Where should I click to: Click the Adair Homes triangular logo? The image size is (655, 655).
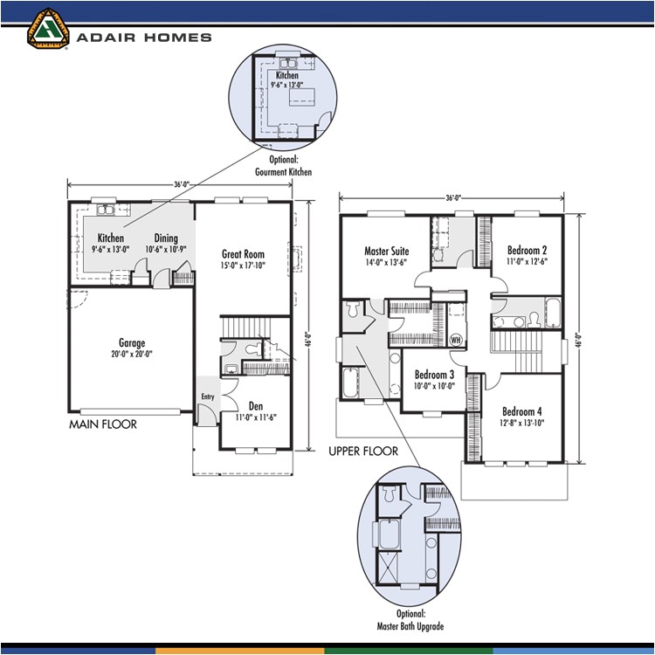pos(48,29)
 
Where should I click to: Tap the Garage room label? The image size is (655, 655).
pos(132,343)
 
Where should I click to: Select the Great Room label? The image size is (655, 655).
pos(243,254)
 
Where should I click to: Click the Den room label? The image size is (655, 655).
pos(256,406)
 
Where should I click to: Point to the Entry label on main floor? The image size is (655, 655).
pos(208,396)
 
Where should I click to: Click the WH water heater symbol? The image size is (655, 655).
pos(455,340)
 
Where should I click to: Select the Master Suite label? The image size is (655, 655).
pos(387,251)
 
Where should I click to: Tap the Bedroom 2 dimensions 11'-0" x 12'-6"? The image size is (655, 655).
pos(527,261)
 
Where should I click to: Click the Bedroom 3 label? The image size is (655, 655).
pos(434,375)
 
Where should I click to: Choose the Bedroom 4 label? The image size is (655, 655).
pos(522,411)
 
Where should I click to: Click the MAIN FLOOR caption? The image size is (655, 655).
pos(103,424)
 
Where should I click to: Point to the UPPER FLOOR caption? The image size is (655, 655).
pos(363,452)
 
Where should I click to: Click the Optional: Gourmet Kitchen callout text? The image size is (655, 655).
pos(283,166)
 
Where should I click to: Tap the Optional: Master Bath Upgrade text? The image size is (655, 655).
pos(410,620)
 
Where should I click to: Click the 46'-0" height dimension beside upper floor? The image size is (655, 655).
pos(578,340)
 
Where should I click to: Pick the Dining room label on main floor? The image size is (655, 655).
pos(166,238)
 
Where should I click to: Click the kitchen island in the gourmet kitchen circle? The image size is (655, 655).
pos(302,97)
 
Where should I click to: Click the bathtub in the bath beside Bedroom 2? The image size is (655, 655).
pos(553,313)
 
